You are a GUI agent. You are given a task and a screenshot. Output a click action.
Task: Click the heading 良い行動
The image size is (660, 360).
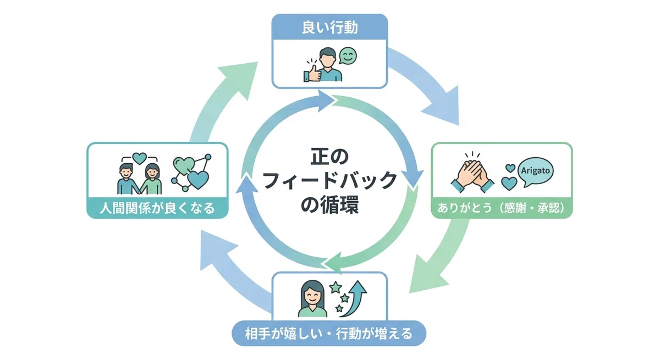coord(329,27)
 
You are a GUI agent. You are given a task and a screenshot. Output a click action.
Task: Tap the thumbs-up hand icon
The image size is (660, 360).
coord(312,73)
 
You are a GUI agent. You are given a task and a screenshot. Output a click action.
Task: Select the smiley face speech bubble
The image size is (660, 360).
coord(348,56)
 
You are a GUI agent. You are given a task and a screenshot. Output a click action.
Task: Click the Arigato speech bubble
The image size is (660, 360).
coord(535,172)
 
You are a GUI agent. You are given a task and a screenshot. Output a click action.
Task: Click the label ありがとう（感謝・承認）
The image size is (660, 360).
coord(501,208)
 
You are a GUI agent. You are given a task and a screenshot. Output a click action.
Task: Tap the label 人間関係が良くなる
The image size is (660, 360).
coord(157,208)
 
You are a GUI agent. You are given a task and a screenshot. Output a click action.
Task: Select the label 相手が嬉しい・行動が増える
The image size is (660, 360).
coord(329,334)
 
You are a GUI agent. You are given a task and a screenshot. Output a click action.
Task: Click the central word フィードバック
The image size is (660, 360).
coord(330,180)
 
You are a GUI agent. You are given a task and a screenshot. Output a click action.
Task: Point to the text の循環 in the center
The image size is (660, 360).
coord(329,204)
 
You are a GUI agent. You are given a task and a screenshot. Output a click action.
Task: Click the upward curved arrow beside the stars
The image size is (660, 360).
coord(354,298)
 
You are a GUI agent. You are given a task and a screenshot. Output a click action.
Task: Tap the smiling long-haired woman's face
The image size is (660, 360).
coord(312,295)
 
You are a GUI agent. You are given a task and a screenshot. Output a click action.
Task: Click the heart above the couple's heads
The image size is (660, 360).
coord(139,159)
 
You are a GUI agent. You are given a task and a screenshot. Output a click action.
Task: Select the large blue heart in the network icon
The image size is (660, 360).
coord(198,180)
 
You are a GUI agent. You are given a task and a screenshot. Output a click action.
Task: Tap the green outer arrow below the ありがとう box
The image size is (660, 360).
coord(439,259)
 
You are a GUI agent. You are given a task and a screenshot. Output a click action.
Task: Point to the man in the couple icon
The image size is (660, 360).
coord(127,179)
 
